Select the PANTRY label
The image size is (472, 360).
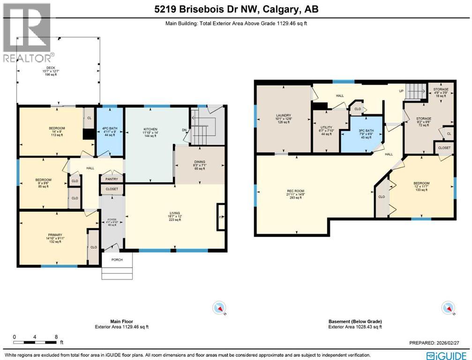coord(112,179)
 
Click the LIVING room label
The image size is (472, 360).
coord(174,213)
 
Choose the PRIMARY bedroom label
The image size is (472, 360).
coord(55,235)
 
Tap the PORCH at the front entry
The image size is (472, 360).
coord(117,259)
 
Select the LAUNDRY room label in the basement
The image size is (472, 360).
coord(283,115)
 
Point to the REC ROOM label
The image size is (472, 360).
coord(296,191)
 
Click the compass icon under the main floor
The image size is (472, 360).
coord(219,308)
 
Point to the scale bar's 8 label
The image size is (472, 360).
coord(56,337)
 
